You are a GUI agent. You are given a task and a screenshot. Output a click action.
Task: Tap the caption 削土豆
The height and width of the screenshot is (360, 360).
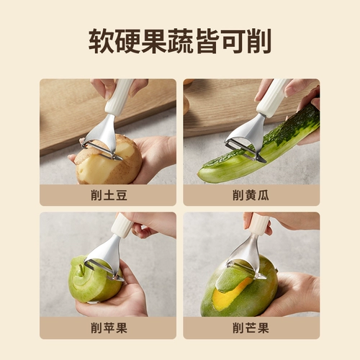(108, 195)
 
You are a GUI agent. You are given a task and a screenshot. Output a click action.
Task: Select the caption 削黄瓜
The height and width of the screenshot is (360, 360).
(251, 195)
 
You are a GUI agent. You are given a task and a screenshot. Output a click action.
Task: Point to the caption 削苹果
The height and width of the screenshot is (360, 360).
(108, 328)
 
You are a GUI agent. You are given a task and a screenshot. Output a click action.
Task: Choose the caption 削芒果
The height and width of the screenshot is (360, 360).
(251, 328)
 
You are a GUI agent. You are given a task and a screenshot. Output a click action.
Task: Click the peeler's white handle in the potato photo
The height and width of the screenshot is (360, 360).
(119, 97)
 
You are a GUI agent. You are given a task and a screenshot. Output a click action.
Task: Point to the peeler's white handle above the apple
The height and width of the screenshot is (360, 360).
(122, 226)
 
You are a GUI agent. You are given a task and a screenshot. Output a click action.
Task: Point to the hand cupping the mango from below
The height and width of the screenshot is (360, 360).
(295, 295)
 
